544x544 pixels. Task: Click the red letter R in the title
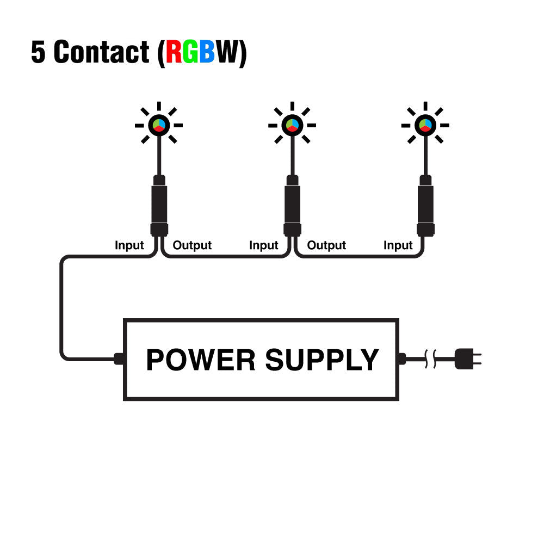tap(175, 52)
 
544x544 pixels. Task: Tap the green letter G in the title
tap(191, 52)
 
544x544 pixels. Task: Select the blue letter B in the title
tap(207, 52)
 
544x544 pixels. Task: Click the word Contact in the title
tap(102, 52)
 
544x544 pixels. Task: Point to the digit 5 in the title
tap(39, 52)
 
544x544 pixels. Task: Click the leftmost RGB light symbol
tap(159, 125)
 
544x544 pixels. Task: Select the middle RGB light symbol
tap(292, 125)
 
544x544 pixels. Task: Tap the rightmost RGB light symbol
tap(425, 125)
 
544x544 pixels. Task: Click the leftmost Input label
tap(129, 245)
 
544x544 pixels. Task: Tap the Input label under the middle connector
tap(264, 245)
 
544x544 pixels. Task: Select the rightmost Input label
tap(398, 245)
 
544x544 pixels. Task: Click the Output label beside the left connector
tap(192, 245)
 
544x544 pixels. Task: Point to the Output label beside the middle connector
tap(326, 245)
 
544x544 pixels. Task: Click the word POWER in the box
tap(201, 360)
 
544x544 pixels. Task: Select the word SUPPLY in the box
tap(322, 360)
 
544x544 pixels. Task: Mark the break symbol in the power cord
tap(430, 358)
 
